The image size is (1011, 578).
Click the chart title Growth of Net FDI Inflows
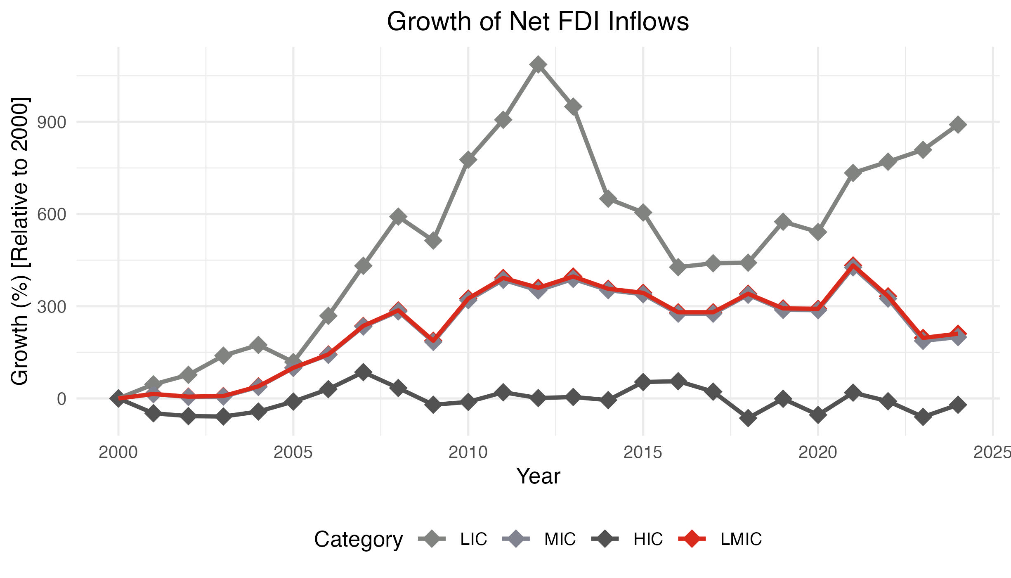coord(538,21)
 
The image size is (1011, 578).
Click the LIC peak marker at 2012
coord(538,64)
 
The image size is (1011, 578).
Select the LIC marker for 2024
coord(958,124)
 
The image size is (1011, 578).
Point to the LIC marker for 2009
coord(433,240)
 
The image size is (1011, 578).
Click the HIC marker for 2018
coord(748,418)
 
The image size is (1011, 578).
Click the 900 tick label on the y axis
coord(51,122)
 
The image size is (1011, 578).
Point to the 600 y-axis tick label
coord(51,214)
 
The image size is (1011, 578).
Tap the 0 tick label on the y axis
coord(61,399)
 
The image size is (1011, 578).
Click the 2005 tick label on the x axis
coord(293,452)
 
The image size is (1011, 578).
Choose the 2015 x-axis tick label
coord(643,452)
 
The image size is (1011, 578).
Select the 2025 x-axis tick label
coord(992,452)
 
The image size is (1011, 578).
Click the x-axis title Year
coord(538,476)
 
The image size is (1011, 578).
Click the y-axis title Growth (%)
coord(20,241)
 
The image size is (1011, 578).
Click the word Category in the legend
coord(358,539)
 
